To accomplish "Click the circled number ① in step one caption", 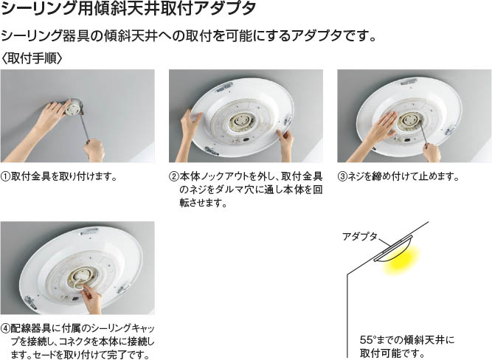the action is [6, 177].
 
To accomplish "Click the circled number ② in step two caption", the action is [174, 177].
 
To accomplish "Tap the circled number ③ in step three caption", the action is [343, 177].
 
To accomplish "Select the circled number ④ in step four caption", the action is [6, 328].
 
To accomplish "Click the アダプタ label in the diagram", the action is [360, 236].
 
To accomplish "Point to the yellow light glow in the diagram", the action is [402, 260].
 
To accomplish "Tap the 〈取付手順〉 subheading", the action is [32, 58].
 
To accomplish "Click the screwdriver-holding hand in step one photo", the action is [95, 150].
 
